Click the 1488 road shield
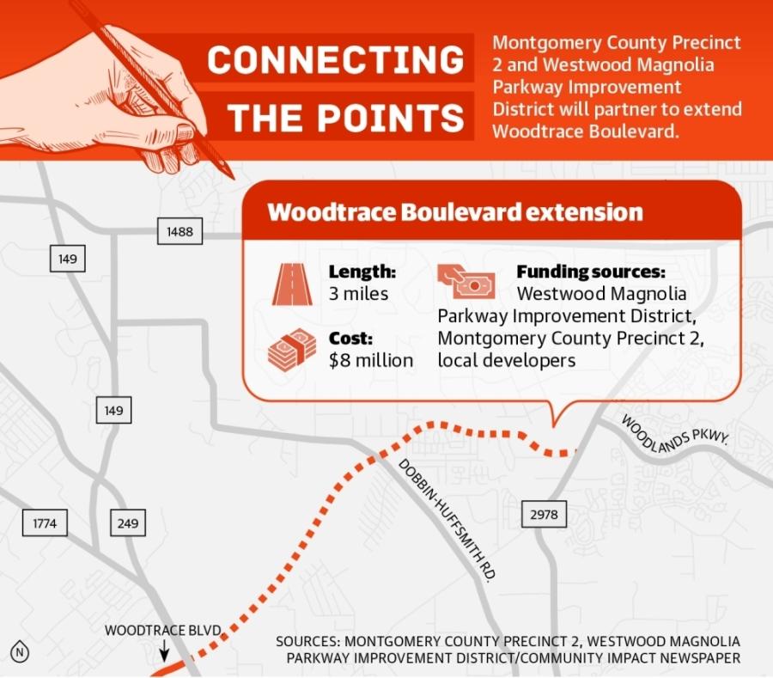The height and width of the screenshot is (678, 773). click(180, 231)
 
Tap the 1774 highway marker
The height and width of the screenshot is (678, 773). click(45, 522)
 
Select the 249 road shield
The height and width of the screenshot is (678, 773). click(128, 522)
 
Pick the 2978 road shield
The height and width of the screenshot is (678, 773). click(545, 514)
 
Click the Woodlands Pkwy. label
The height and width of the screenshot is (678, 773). click(674, 434)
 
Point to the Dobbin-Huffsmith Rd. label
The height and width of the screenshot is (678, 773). click(447, 520)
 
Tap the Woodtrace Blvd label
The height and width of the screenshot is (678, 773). click(162, 630)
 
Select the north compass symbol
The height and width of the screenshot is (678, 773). click(20, 652)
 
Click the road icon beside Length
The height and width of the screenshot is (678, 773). click(292, 284)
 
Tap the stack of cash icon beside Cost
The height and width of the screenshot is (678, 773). click(292, 350)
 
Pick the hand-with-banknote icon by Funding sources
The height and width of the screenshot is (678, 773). click(466, 281)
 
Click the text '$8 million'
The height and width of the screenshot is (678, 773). click(371, 360)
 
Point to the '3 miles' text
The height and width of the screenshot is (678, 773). click(358, 294)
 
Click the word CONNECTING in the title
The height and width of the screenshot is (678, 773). click(336, 59)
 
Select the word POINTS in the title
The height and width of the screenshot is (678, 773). click(391, 118)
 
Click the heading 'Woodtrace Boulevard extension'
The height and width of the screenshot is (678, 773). click(455, 212)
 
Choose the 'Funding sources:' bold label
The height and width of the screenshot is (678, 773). click(591, 272)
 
